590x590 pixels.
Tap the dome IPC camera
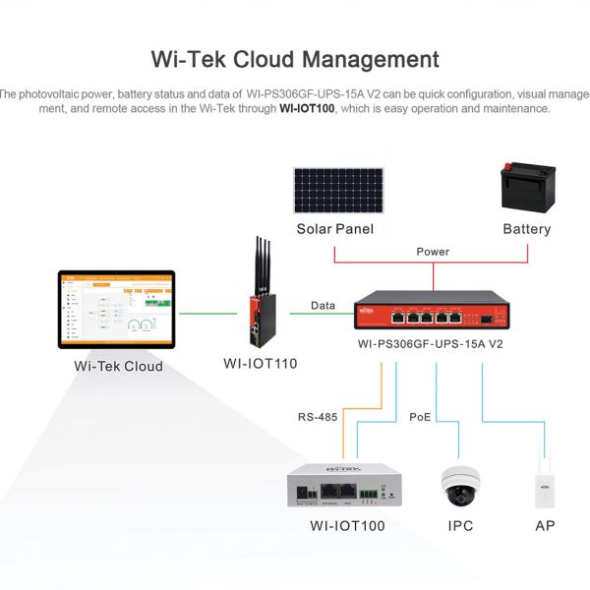click(460, 483)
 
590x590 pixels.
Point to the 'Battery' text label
click(526, 229)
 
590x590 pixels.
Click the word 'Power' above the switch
click(432, 252)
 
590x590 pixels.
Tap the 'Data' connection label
click(323, 306)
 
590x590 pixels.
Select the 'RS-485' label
click(318, 417)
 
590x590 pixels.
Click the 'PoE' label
click(420, 417)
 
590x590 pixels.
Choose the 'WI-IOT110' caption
click(260, 363)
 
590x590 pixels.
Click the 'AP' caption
click(544, 526)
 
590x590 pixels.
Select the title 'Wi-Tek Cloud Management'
click(295, 59)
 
